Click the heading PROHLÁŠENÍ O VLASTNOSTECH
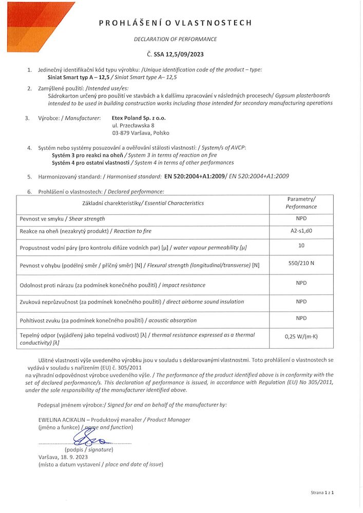(x=175, y=23)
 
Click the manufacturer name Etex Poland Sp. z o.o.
(x=139, y=118)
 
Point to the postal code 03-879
(x=121, y=133)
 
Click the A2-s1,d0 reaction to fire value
(x=301, y=230)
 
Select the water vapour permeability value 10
(x=301, y=245)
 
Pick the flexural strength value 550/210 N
(x=301, y=263)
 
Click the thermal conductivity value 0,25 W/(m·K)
(x=301, y=337)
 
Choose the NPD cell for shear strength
(x=301, y=218)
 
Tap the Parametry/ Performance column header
(x=301, y=203)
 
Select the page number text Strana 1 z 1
(x=322, y=492)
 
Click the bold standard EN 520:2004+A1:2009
(x=196, y=176)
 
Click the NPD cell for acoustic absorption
(x=301, y=318)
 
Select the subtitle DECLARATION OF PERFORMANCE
(x=175, y=39)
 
